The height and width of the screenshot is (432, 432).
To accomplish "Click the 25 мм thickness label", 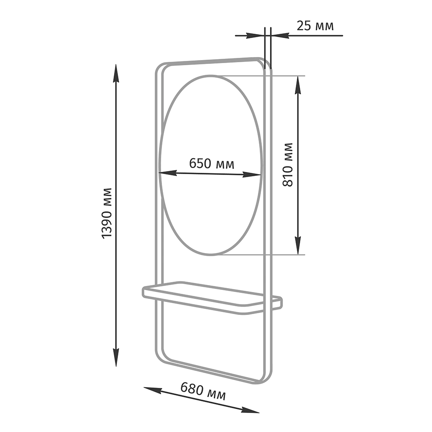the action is [315, 26].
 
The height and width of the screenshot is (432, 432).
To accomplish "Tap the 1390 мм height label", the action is [107, 213].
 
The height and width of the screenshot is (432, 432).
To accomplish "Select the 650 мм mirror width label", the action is [212, 164].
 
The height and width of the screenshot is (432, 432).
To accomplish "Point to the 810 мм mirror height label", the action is [288, 165].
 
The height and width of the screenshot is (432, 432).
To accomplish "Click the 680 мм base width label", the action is [203, 391].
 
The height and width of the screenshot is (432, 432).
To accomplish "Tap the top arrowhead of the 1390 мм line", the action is [116, 73].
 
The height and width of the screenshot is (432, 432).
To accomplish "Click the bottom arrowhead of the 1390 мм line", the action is [116, 358].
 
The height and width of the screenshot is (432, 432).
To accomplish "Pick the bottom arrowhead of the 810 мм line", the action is [298, 245].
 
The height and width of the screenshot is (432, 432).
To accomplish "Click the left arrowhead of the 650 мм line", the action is [168, 173].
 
